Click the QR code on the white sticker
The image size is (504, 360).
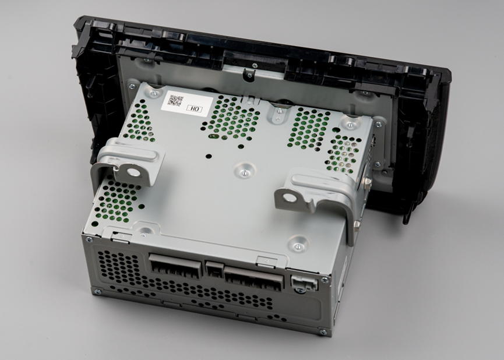(x=175, y=100)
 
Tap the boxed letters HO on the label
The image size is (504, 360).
(x=195, y=109)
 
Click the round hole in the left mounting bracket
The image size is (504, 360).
(x=133, y=172)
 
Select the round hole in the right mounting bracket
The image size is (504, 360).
(x=290, y=197)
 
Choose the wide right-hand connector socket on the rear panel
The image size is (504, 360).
(x=254, y=277)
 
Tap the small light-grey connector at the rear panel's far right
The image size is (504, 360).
(x=304, y=284)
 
